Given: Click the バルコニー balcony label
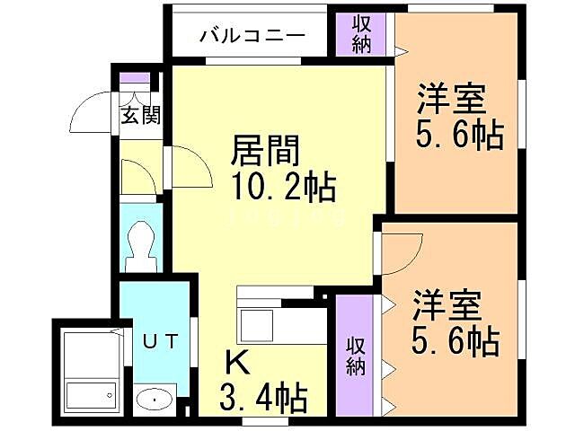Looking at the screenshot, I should (252, 37).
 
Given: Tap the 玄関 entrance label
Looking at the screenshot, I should (141, 115).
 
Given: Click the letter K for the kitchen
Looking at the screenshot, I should (235, 363).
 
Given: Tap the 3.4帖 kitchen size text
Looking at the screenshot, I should (264, 395).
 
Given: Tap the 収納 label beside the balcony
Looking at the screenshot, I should (362, 34).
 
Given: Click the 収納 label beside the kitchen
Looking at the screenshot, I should (357, 354).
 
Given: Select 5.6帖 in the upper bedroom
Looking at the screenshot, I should (458, 135).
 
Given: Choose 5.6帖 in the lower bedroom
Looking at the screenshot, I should (456, 342).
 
